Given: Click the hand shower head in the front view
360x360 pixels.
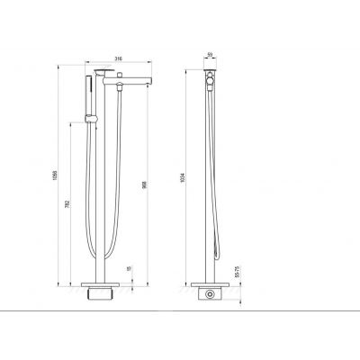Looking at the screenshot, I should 89,89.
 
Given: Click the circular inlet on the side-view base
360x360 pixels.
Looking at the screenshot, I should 210,293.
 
